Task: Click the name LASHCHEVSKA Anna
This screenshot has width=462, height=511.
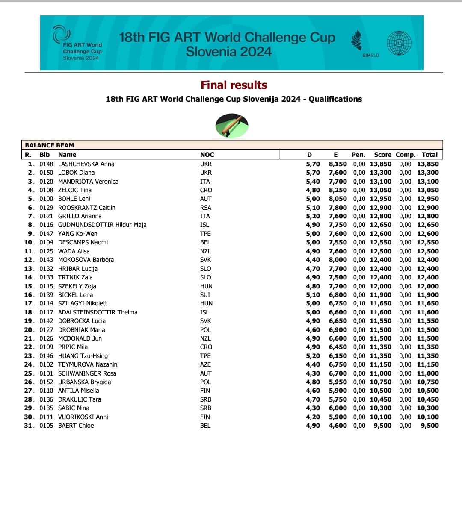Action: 86,164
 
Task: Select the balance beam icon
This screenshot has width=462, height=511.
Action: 232,126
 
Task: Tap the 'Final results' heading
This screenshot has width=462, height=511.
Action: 234,85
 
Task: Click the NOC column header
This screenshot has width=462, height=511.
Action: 207,155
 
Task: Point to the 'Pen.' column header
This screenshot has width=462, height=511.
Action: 358,155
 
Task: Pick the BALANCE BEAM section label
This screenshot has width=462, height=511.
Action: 49,145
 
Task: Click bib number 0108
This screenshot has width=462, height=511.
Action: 46,190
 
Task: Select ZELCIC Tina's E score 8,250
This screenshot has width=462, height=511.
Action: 338,190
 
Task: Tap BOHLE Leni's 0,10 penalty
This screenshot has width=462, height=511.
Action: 359,199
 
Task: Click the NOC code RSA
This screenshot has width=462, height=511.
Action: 206,208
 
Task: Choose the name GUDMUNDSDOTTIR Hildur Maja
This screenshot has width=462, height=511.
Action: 102,225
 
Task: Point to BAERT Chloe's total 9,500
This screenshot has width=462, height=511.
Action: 429,426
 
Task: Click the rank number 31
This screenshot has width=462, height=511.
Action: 28,426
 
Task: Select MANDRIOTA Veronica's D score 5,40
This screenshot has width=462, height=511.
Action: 313,182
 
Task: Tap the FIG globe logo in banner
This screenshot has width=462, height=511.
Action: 399,43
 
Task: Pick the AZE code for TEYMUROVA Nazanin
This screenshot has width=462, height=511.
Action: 205,364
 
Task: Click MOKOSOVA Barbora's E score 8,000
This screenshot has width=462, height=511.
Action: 338,260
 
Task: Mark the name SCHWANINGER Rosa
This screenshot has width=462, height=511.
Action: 87,373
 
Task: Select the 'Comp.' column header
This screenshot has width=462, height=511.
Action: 405,155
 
